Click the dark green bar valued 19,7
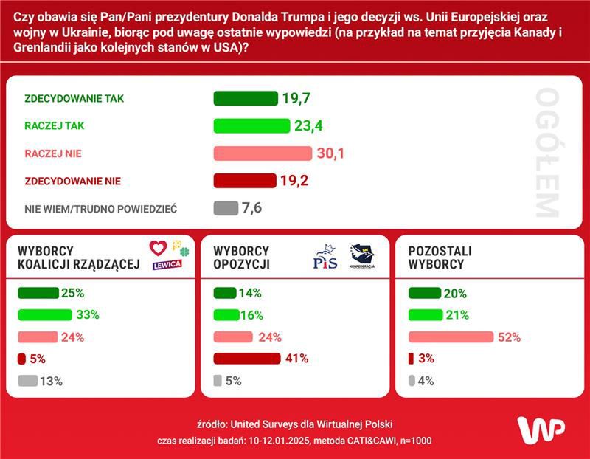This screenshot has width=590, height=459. point(245,99)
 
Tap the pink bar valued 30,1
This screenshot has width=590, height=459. point(263,153)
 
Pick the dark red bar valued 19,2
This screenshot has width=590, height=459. point(244,181)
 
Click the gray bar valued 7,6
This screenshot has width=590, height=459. point(226,208)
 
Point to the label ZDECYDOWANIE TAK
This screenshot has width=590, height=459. point(74,99)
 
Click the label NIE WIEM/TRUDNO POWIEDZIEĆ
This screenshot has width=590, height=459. point(101,209)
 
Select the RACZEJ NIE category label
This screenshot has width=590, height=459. point(53,153)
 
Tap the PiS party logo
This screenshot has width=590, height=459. point(325,259)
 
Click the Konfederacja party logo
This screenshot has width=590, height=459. point(361,257)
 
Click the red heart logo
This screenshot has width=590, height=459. point(158,248)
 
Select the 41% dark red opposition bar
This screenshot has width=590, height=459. point(247,359)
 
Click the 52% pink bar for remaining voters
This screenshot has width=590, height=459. point(450,337)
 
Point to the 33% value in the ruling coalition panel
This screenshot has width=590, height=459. point(88,314)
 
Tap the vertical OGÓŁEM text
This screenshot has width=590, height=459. point(548,153)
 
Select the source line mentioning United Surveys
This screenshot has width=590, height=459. point(295,424)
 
